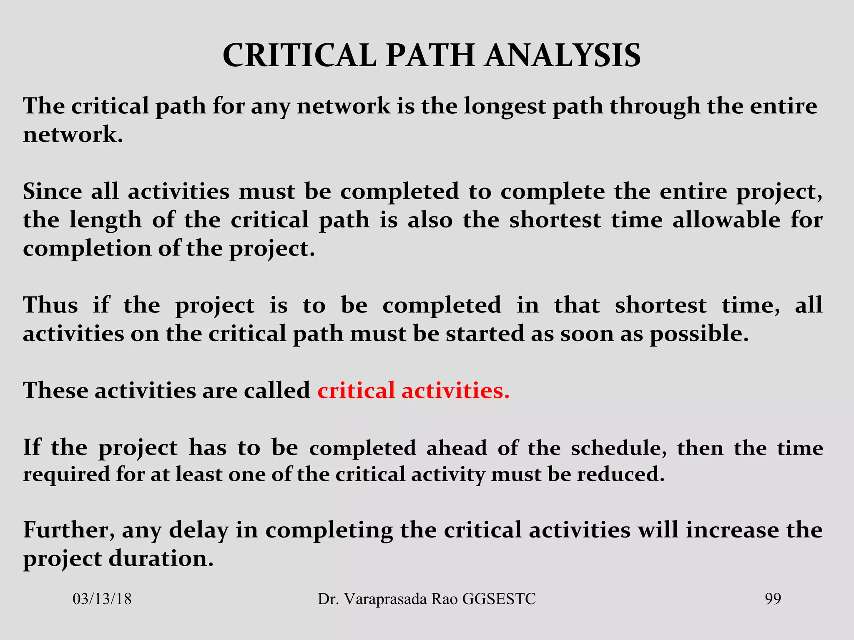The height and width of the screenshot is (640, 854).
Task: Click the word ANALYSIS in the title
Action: point(563,55)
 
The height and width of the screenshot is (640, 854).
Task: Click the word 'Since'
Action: point(53,192)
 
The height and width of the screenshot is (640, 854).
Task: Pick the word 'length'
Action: point(105,221)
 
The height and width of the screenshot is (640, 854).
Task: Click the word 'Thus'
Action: point(50,305)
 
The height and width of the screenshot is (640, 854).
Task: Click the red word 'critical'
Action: point(356,391)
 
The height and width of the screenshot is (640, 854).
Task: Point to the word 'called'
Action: point(277,391)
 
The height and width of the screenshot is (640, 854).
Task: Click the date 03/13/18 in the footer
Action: point(102,599)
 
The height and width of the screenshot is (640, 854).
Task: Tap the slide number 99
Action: point(773,599)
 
